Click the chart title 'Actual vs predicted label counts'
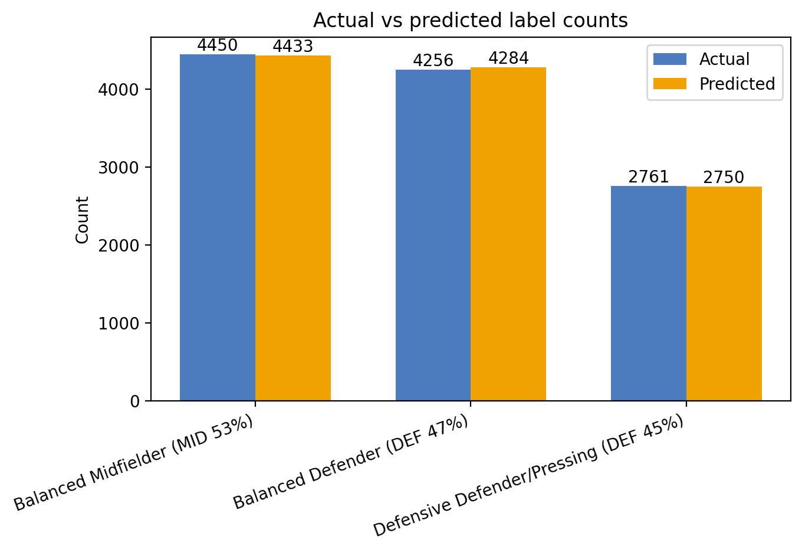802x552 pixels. click(470, 21)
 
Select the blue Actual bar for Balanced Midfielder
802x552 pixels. click(217, 227)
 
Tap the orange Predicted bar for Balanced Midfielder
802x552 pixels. click(293, 228)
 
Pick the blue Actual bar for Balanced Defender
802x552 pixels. click(433, 235)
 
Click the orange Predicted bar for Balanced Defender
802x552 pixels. click(508, 234)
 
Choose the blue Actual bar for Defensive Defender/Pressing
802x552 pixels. click(648, 293)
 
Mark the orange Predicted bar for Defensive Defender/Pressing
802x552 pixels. click(724, 293)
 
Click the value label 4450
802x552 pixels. click(217, 45)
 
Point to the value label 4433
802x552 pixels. click(293, 47)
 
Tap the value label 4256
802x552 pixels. click(433, 61)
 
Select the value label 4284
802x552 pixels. click(508, 58)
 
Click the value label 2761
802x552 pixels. click(648, 177)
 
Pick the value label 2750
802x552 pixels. click(724, 178)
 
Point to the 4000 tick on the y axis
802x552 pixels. click(121, 90)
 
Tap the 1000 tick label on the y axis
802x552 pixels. click(121, 324)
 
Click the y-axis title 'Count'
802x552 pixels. click(83, 220)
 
